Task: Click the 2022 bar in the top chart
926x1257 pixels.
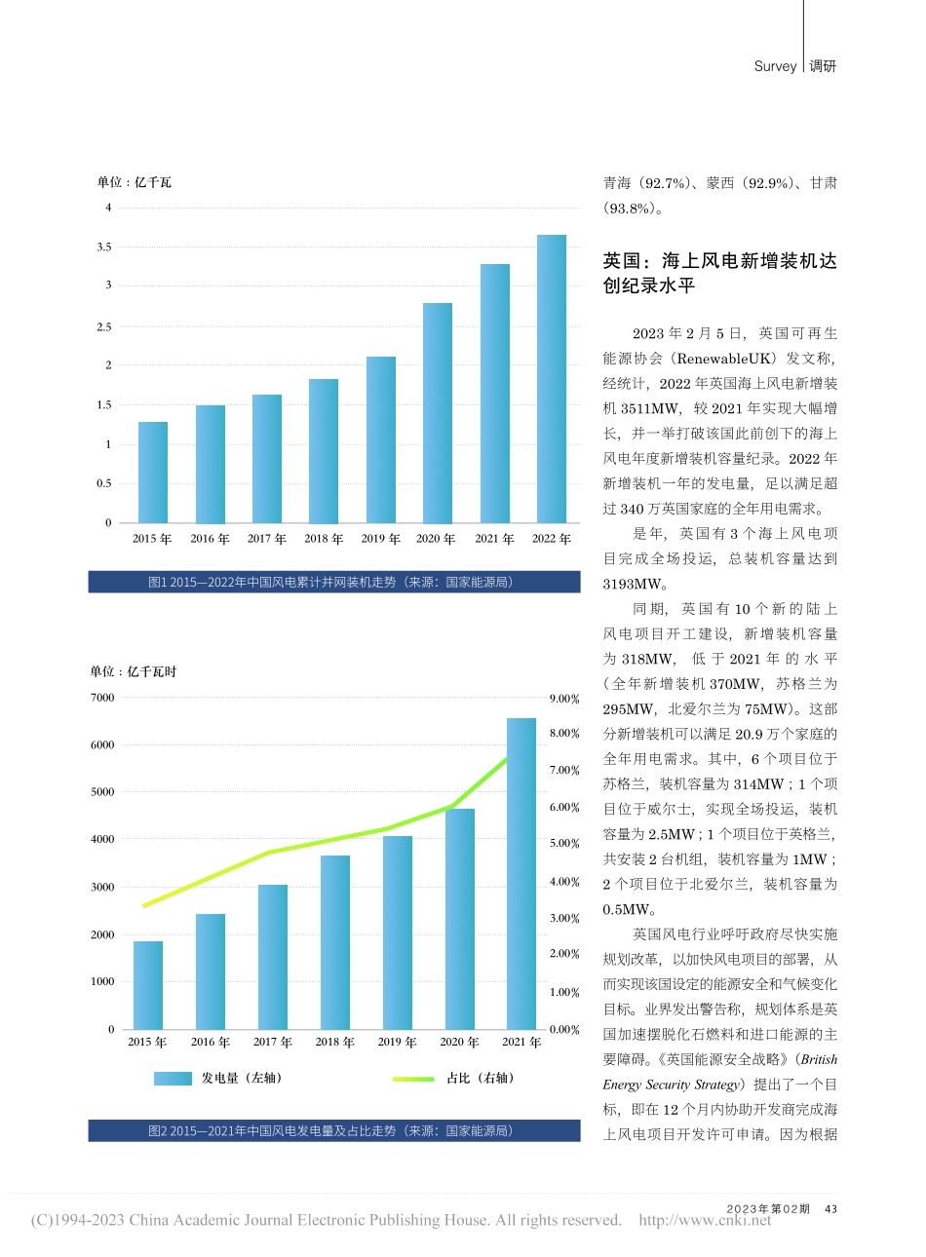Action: click(x=551, y=379)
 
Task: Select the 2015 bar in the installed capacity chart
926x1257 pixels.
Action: click(x=153, y=473)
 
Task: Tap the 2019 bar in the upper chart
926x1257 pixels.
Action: click(x=380, y=439)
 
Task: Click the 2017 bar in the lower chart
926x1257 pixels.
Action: click(x=273, y=956)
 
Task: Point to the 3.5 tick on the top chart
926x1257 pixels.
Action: click(x=103, y=248)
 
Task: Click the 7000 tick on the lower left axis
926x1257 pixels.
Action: click(x=102, y=698)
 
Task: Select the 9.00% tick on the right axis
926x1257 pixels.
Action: click(x=564, y=699)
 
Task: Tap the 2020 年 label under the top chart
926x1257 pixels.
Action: click(x=436, y=539)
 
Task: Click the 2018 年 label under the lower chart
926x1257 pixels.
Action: click(x=334, y=1042)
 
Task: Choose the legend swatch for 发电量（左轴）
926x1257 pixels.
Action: click(x=173, y=1079)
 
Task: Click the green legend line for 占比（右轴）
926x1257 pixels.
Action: click(x=412, y=1079)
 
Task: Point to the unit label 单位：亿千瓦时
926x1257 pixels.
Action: click(x=134, y=671)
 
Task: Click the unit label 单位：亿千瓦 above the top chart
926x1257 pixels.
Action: click(x=134, y=182)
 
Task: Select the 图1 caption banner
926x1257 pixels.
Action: click(x=333, y=582)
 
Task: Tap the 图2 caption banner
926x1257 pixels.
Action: click(x=333, y=1130)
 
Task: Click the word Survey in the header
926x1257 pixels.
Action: click(x=775, y=66)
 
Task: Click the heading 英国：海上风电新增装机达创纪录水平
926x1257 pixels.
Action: click(x=719, y=273)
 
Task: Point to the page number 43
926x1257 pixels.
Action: click(x=830, y=1208)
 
